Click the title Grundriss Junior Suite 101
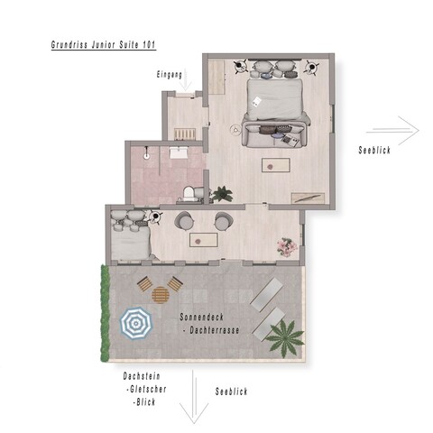click(x=104, y=45)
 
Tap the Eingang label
click(x=170, y=75)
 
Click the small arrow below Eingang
click(x=186, y=80)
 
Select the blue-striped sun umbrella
click(x=136, y=324)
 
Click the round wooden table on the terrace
click(x=161, y=295)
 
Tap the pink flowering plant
click(x=287, y=247)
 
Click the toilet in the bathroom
click(x=189, y=194)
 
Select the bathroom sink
click(x=179, y=152)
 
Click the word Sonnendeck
click(x=201, y=317)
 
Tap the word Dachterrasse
click(x=215, y=330)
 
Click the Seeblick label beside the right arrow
click(x=374, y=150)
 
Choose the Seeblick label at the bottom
click(x=231, y=392)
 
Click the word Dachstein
click(x=142, y=376)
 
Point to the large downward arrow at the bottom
click(x=194, y=397)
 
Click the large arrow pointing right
click(x=392, y=131)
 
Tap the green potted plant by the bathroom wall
click(x=222, y=194)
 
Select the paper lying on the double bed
click(x=256, y=101)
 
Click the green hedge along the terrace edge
click(x=105, y=313)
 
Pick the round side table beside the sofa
click(x=235, y=130)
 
